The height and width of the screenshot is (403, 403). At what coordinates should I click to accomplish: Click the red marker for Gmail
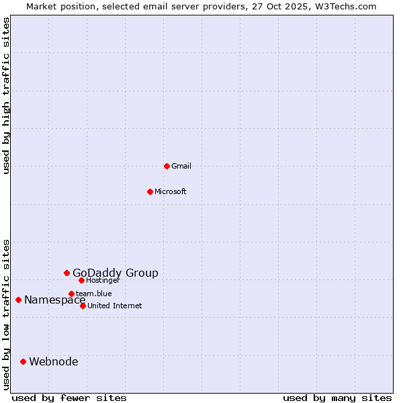(167, 166)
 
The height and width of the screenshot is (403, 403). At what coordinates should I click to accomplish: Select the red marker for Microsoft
(150, 191)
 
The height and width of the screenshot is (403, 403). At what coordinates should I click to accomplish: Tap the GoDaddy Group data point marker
(66, 273)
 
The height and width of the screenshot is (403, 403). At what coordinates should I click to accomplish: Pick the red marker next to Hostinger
(81, 280)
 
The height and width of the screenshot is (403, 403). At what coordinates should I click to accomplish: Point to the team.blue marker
(71, 294)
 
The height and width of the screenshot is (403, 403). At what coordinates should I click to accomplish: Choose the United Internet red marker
(83, 306)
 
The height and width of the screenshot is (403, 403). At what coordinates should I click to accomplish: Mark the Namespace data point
(18, 300)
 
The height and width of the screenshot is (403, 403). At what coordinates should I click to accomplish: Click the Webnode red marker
(23, 361)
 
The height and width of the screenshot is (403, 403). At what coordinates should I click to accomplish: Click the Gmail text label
(181, 166)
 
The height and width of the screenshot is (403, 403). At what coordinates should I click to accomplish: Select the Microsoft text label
(171, 191)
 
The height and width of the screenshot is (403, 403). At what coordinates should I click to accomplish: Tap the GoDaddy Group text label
(116, 273)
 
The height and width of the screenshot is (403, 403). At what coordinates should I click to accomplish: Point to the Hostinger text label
(103, 280)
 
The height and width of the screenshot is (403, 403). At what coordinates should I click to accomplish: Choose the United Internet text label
(115, 306)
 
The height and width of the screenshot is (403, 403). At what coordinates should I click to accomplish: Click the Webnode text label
(54, 361)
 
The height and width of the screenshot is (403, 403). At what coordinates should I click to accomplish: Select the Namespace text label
(55, 300)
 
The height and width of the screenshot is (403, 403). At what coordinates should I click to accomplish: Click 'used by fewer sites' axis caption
(69, 398)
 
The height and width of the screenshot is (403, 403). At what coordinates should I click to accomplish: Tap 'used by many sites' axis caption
(337, 398)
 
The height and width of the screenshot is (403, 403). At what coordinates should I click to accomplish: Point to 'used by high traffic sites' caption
(7, 95)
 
